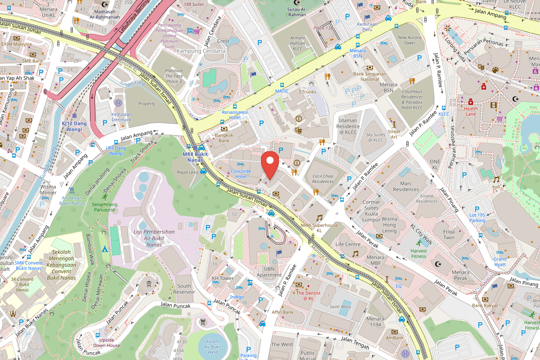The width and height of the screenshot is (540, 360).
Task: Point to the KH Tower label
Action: pyautogui.click(x=222, y=278)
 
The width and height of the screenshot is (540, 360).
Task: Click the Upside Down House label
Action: pyautogui.click(x=107, y=342)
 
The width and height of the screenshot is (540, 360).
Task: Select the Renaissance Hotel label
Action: pyautogui.click(x=234, y=115)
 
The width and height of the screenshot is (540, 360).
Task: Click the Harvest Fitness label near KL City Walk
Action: pyautogui.click(x=418, y=253)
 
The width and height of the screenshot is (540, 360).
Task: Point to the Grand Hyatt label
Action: pyautogui.click(x=500, y=262)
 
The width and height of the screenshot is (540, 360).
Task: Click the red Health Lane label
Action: pyautogui.click(x=471, y=111)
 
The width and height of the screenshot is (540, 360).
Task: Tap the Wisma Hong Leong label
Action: pyautogui.click(x=389, y=225)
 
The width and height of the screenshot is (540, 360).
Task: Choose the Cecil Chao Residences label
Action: pyautogui.click(x=323, y=179)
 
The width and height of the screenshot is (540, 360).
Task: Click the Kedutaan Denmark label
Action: pyautogui.click(x=121, y=117)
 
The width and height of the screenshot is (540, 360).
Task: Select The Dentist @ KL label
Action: pyautogui.click(x=308, y=296)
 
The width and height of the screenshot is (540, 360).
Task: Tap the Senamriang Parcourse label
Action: pyautogui.click(x=104, y=207)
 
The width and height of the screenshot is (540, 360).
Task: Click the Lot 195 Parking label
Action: pyautogui.click(x=477, y=218)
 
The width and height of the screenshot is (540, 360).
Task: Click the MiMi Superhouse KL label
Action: pyautogui.click(x=319, y=227)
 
